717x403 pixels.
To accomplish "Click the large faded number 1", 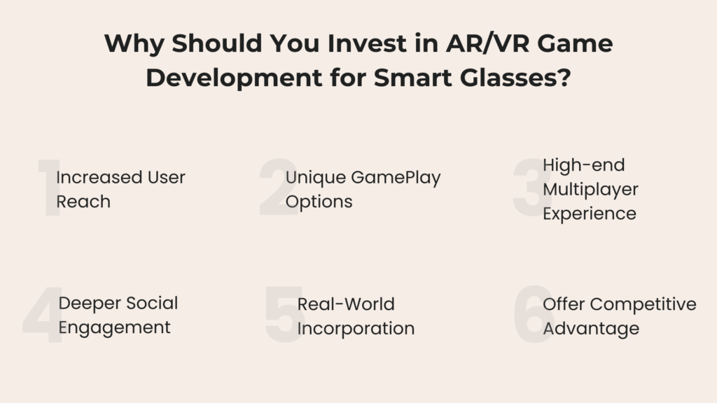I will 49,189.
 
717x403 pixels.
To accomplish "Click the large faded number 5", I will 284,314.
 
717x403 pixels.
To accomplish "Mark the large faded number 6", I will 534,314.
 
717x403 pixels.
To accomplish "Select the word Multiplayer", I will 590,189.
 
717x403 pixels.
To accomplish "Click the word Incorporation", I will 356,328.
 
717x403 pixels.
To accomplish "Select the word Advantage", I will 591,328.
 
